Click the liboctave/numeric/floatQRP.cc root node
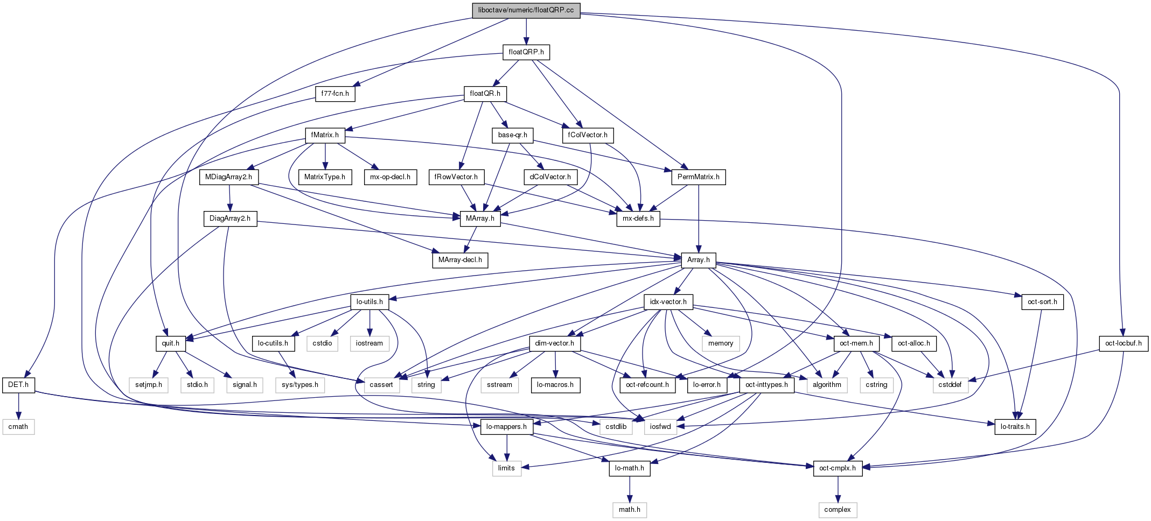pyautogui.click(x=526, y=10)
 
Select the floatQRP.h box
pyautogui.click(x=526, y=52)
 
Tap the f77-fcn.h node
pyautogui.click(x=335, y=94)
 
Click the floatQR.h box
pyautogui.click(x=485, y=94)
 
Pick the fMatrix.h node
pyautogui.click(x=325, y=135)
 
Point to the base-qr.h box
pyautogui.click(x=512, y=135)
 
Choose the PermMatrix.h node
pyautogui.click(x=698, y=177)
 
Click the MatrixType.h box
pyautogui.click(x=325, y=177)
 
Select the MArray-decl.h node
pyautogui.click(x=460, y=260)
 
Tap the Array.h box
pyautogui.click(x=698, y=260)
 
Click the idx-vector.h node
pyautogui.click(x=668, y=302)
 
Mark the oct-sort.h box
pyautogui.click(x=1042, y=302)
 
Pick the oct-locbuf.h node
pyautogui.click(x=1123, y=343)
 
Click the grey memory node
pyautogui.click(x=721, y=343)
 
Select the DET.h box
pyautogui.click(x=18, y=385)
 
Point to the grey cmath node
pyautogui.click(x=18, y=427)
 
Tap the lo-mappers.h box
pyautogui.click(x=506, y=427)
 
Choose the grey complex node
pyautogui.click(x=838, y=510)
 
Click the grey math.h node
pyautogui.click(x=630, y=510)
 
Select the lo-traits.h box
pyautogui.click(x=1015, y=427)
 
